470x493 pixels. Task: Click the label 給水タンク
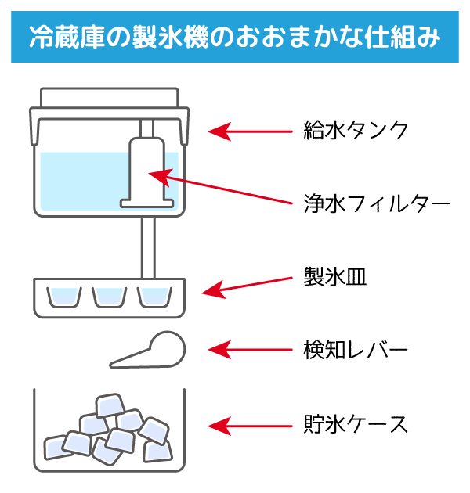pos(356,130)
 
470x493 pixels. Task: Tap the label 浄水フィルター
pos(376,204)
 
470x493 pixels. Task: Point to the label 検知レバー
pos(356,348)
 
